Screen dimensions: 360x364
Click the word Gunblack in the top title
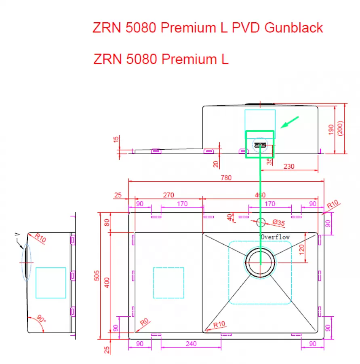294,28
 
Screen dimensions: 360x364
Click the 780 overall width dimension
226,178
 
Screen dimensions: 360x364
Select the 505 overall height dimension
97,275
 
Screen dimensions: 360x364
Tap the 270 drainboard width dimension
168,195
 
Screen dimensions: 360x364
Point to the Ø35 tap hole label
278,222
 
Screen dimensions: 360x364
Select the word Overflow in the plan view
275,237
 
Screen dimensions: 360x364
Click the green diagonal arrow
289,122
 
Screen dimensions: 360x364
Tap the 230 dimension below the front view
289,166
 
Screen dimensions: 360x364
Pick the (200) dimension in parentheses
340,128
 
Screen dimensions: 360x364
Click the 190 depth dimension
331,129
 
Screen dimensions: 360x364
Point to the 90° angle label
41,318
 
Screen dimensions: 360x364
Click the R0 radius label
144,322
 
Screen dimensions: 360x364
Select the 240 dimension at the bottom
191,343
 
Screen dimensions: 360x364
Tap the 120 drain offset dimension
301,250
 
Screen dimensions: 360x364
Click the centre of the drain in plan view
260,262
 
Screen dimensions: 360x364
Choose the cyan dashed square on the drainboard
168,283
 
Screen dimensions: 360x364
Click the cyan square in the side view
51,283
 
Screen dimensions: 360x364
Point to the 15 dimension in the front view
116,139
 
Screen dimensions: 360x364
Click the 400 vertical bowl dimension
107,283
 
